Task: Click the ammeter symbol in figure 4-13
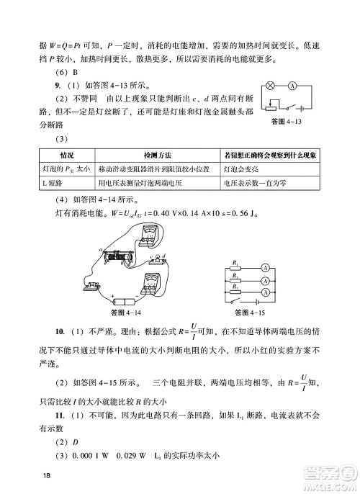coord(292,85)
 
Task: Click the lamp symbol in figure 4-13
coord(271,85)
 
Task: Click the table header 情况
coord(66,156)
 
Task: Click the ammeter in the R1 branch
coord(266,268)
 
